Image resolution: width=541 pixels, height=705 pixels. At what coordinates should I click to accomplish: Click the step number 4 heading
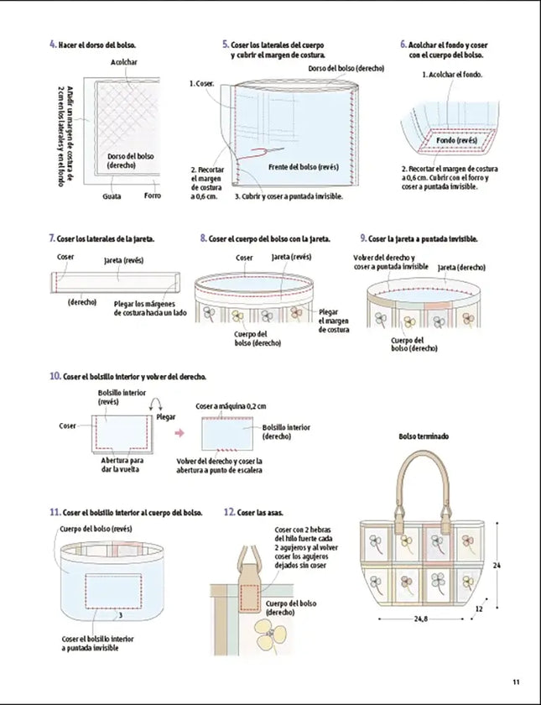(53, 44)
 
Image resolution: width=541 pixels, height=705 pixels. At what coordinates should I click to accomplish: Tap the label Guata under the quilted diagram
(112, 196)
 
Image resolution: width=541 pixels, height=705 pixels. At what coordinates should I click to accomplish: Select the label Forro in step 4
(152, 196)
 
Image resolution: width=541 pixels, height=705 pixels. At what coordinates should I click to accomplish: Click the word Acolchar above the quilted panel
(123, 62)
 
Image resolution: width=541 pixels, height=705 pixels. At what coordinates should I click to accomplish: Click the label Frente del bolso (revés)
(303, 166)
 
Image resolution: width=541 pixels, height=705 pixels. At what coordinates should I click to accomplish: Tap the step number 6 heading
(403, 44)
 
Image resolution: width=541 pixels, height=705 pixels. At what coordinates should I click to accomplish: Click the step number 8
(203, 238)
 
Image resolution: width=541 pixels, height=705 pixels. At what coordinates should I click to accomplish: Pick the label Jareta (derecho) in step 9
(461, 267)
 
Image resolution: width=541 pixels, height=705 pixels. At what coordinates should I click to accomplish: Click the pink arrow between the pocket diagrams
(179, 433)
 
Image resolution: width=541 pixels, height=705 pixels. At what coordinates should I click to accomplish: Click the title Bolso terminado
(423, 436)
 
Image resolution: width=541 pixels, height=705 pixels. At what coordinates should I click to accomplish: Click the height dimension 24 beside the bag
(496, 566)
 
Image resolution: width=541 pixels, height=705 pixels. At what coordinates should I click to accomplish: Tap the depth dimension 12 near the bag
(478, 609)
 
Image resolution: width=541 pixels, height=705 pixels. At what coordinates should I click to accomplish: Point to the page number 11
(516, 681)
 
